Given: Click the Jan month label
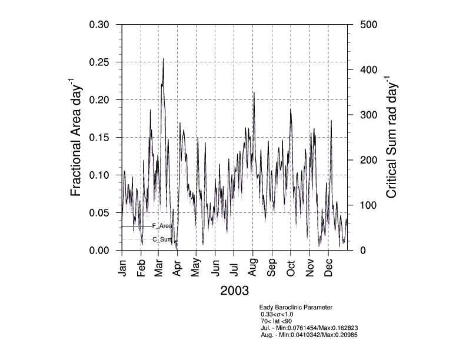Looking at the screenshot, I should pos(123,266).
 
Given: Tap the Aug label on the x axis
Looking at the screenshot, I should pos(253,266).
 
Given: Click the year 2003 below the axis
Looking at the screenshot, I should pos(234,291).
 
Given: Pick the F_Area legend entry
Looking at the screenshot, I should pos(162,226).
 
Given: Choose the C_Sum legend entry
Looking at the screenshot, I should pos(162,239).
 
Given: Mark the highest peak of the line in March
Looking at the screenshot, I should pos(163,59).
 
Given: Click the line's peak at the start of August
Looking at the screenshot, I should pos(254,92).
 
